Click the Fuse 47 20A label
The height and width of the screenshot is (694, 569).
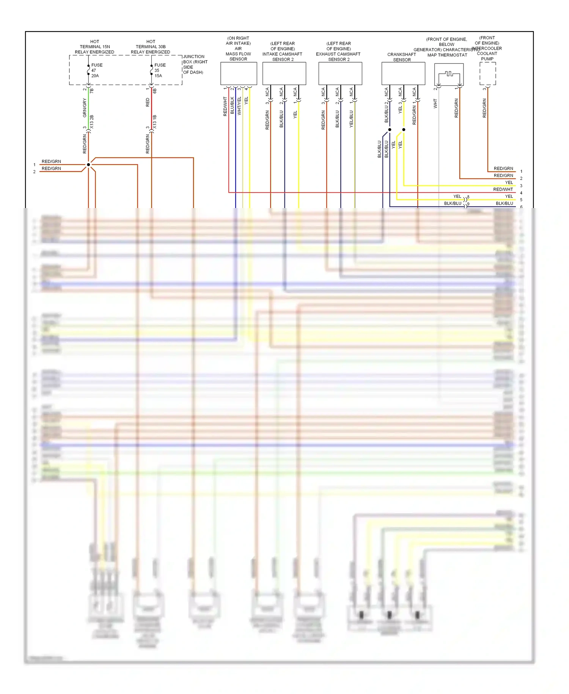[x=96, y=71]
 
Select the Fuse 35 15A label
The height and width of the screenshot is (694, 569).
[x=159, y=71]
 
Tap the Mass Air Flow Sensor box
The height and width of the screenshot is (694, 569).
[x=239, y=74]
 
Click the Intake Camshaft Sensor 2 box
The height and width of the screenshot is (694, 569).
[x=284, y=74]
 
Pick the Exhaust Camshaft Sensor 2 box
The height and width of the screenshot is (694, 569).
[x=340, y=74]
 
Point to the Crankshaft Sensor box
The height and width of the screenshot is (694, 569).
[x=403, y=74]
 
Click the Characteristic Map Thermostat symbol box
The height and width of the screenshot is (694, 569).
[x=449, y=74]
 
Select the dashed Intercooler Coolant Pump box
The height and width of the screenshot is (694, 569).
[x=487, y=74]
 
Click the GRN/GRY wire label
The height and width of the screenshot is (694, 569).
[x=85, y=108]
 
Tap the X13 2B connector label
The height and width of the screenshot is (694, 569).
[x=92, y=121]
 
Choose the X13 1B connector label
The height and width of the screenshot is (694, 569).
[x=155, y=121]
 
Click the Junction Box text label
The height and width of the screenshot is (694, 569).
[x=195, y=65]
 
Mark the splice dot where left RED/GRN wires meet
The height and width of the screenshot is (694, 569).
[x=88, y=165]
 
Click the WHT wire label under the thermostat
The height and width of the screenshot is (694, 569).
[x=435, y=104]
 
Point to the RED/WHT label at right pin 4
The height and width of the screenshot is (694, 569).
[x=503, y=189]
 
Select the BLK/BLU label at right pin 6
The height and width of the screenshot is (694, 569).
[x=504, y=203]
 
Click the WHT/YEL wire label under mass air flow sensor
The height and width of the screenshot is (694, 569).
[x=239, y=106]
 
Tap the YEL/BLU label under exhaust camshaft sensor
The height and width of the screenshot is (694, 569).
[x=351, y=119]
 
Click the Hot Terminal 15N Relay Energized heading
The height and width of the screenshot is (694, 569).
[x=94, y=47]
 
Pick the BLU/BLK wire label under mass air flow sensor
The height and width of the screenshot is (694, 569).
[x=232, y=106]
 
